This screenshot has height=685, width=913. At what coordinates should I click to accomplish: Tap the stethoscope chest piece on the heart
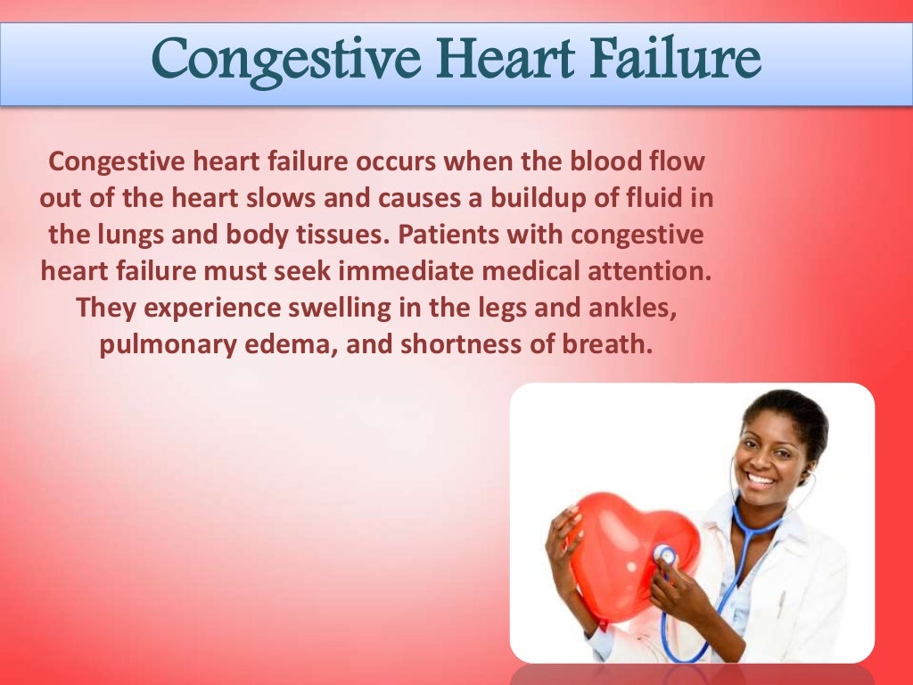[x=664, y=556]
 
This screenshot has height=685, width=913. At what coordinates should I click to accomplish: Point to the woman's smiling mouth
[x=761, y=478]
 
